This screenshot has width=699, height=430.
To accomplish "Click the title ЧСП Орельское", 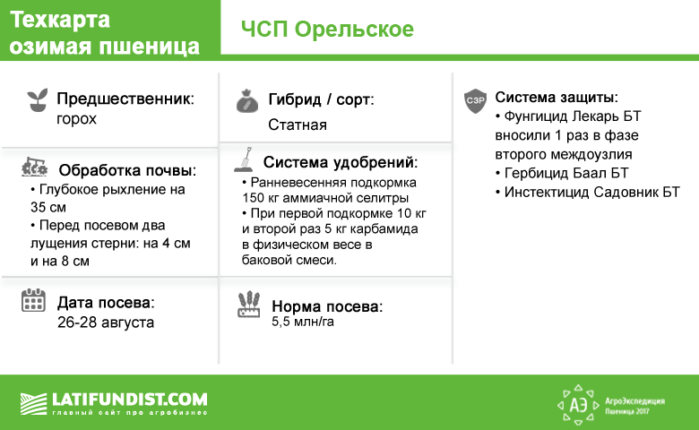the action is [327, 30].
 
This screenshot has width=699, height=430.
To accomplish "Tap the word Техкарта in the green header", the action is [60, 20].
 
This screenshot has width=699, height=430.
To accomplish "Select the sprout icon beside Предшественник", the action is [38, 99].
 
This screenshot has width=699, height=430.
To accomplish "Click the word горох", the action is [76, 119].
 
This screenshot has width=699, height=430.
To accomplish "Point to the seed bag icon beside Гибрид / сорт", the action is [247, 101].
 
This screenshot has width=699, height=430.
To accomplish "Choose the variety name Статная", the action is [298, 125].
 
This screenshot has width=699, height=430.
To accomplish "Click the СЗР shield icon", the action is [475, 100].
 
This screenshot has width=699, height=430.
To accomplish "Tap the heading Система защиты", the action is [557, 97].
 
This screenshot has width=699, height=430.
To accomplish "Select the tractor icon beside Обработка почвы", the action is [34, 167].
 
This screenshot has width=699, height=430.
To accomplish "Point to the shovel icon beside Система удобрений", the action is [244, 159].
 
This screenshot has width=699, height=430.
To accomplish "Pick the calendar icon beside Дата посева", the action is [33, 300].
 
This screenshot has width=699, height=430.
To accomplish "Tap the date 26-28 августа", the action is [106, 322].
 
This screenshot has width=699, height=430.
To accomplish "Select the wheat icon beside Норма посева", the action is [249, 304].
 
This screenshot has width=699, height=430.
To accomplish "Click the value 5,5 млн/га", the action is [303, 322].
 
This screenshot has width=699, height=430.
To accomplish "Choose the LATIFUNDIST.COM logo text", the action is [130, 399].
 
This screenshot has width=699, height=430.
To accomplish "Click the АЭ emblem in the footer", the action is [578, 405].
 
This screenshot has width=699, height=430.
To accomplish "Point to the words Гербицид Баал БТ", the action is [562, 173].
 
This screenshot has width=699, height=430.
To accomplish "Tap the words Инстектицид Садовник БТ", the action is [588, 192].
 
